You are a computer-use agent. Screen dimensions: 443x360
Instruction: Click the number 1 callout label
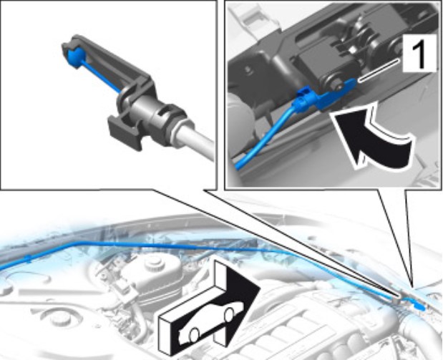(419, 53)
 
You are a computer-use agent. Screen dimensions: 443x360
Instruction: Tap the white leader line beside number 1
(379, 70)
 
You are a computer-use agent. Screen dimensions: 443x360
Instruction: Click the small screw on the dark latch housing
(249, 69)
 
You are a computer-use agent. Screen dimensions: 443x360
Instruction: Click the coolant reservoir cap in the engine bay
(155, 263)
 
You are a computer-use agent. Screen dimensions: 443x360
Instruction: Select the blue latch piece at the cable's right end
(419, 306)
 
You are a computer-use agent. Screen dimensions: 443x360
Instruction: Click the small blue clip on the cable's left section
(28, 258)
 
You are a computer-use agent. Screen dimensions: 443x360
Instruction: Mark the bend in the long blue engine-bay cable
(77, 243)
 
